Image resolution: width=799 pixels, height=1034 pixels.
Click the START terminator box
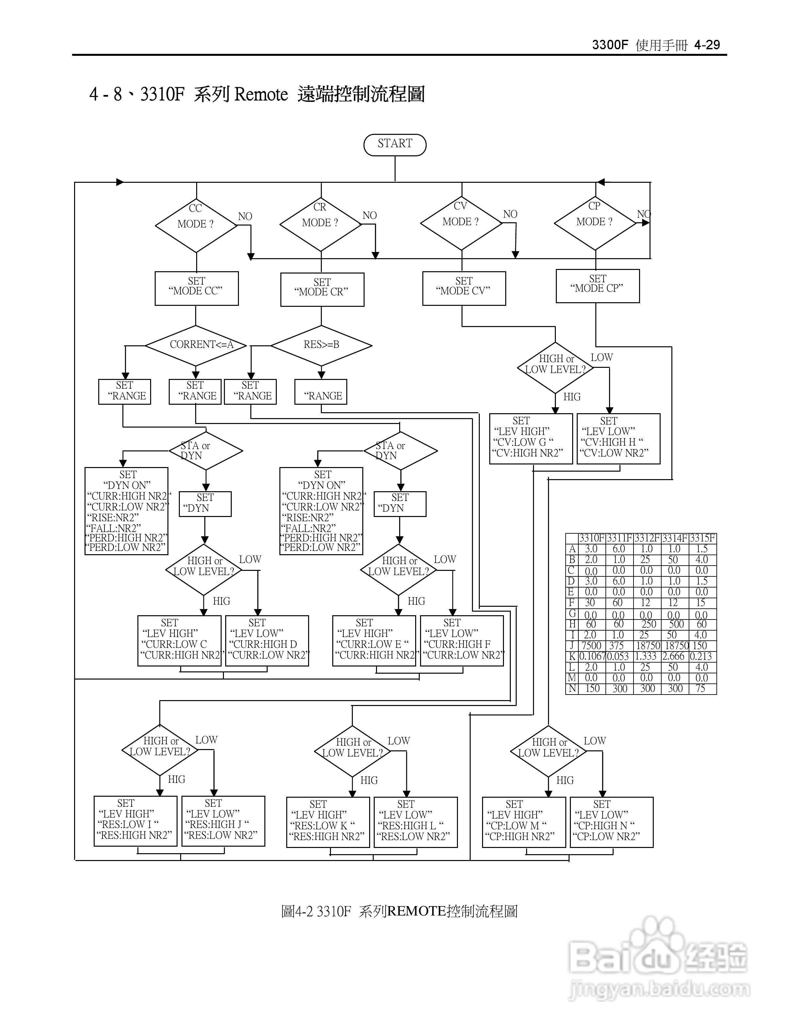coord(395,144)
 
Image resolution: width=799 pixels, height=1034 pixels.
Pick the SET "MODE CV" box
coord(464,288)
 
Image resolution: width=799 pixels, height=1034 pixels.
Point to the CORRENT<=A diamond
coord(196,345)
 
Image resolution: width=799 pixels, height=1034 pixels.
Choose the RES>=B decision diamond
coord(321,345)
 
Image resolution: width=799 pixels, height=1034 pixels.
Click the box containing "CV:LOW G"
coord(531,438)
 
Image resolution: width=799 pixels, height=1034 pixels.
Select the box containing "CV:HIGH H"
coord(618,438)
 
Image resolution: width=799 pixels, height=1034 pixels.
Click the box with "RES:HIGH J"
coord(223,821)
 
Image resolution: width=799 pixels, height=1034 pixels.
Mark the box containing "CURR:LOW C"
coord(179,641)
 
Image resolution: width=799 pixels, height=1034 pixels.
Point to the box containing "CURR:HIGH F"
coord(462,641)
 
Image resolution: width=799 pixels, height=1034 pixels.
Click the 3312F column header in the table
coord(647,538)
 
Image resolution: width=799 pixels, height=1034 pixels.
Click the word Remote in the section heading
coord(261,95)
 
